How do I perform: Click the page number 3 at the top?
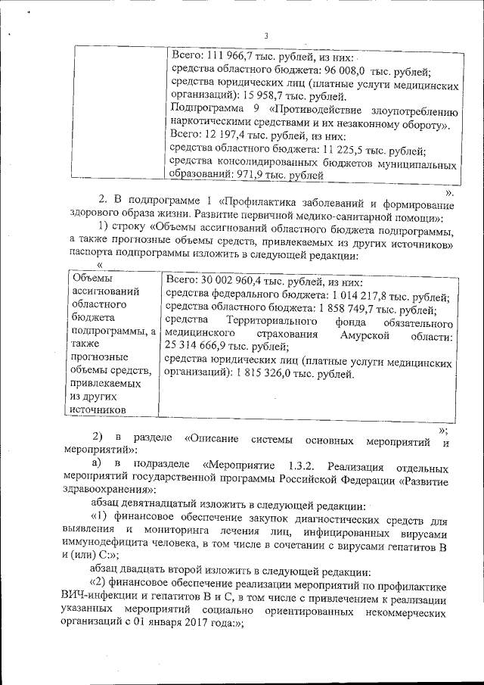[x=265, y=34]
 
